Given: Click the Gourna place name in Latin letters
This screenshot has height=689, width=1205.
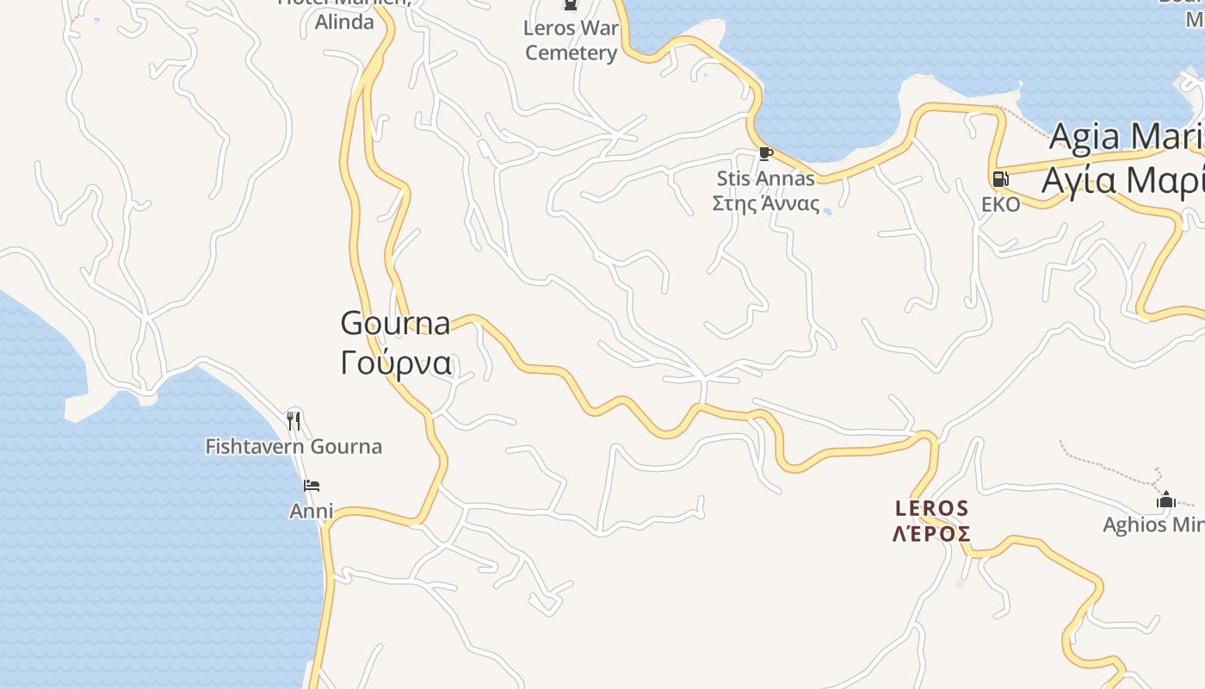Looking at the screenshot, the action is coord(395,324).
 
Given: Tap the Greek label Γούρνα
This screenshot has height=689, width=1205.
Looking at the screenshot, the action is coord(395,363).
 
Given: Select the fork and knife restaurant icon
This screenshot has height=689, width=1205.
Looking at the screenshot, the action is coord(294,420).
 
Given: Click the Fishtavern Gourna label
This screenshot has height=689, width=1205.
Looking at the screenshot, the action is coord(294,446).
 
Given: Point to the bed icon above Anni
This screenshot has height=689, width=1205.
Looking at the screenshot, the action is coord(312,487).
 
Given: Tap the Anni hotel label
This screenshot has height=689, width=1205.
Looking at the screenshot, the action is coord(311,511).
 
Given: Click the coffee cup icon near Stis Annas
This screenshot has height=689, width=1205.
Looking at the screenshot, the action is coord(765,154).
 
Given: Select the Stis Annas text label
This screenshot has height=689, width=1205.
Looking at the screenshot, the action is coord(765,179).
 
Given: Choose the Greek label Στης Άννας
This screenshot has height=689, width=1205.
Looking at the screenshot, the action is coord(765,203).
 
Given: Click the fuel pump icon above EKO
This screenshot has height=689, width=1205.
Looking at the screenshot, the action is coord(1000,179).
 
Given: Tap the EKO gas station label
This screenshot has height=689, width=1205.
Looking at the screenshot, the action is coord(1001,204).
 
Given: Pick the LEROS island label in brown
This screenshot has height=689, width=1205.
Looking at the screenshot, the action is coord(932,508).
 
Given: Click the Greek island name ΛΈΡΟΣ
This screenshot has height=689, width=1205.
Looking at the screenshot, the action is coord(932,534).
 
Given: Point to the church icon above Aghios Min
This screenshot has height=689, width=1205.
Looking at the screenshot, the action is coord(1166,500).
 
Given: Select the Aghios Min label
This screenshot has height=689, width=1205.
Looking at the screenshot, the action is coord(1153,525).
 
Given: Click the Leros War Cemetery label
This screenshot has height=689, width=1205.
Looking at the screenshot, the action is coord(572,40).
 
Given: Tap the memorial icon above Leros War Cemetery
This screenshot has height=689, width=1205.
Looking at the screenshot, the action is coord(570,5).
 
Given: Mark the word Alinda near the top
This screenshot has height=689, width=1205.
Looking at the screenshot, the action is coord(344,22).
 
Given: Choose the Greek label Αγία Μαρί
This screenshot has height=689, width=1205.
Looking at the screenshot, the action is coord(1122,180).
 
